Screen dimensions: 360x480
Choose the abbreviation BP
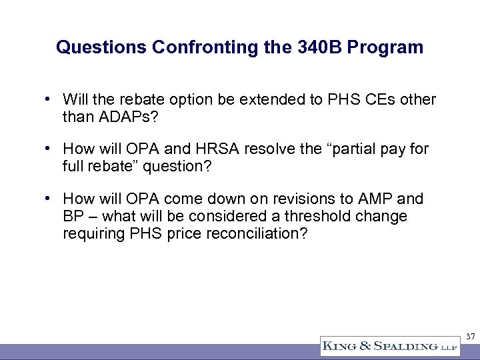72,217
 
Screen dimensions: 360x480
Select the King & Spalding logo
389,346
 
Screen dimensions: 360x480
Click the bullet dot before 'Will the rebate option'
49,100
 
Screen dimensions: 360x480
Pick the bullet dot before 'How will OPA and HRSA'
49,149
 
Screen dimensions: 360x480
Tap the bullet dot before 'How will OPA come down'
49,199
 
